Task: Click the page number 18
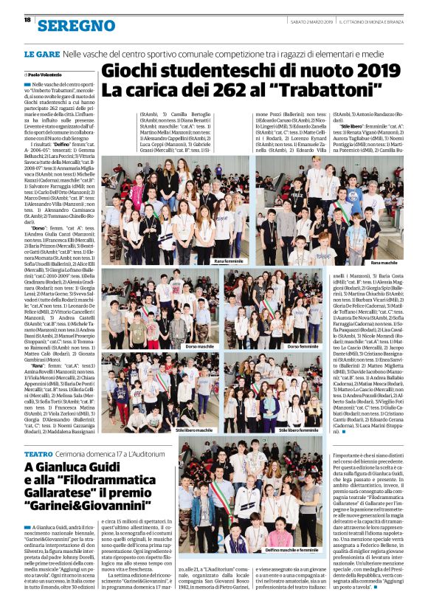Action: tap(27, 21)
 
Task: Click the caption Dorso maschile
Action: tap(199, 346)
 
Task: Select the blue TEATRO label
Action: tap(38, 453)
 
